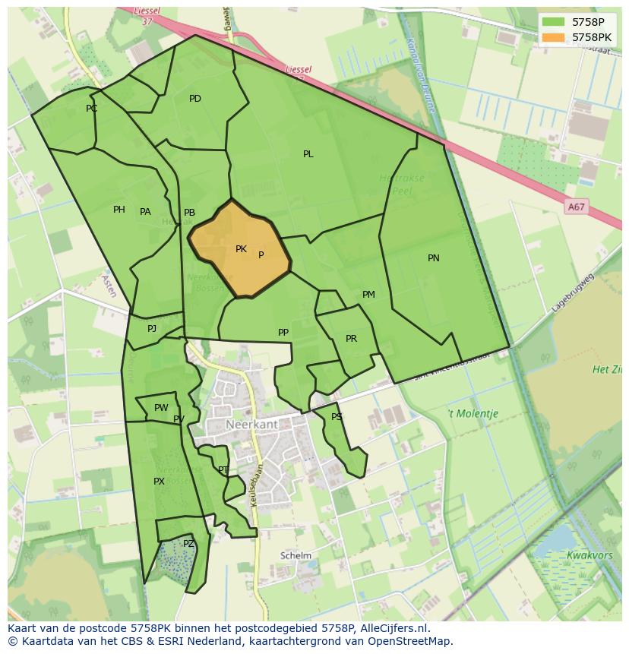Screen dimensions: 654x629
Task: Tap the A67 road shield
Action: [x=577, y=207]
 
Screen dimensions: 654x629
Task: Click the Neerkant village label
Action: [x=251, y=424]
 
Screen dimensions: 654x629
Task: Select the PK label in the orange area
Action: [x=241, y=249]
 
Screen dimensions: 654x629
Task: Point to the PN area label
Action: [x=434, y=258]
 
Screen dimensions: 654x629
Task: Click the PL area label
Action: [x=308, y=154]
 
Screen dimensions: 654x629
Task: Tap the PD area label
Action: [x=195, y=99]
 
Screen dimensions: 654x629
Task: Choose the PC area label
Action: [x=92, y=109]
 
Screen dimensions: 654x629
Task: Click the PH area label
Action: [x=119, y=210]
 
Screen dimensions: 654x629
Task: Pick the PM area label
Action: [x=368, y=295]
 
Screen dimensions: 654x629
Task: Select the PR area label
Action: [x=351, y=339]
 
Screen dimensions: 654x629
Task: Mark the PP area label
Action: [x=283, y=333]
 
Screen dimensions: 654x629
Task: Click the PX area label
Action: [x=159, y=482]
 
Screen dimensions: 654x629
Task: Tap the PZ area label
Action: [x=188, y=544]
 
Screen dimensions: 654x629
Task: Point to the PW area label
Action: [x=161, y=408]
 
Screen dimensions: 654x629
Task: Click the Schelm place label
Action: [x=296, y=555]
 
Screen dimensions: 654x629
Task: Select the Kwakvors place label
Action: [x=589, y=555]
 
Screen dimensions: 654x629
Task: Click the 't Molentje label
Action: [x=472, y=414]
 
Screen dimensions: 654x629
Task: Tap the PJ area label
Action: [x=152, y=329]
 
